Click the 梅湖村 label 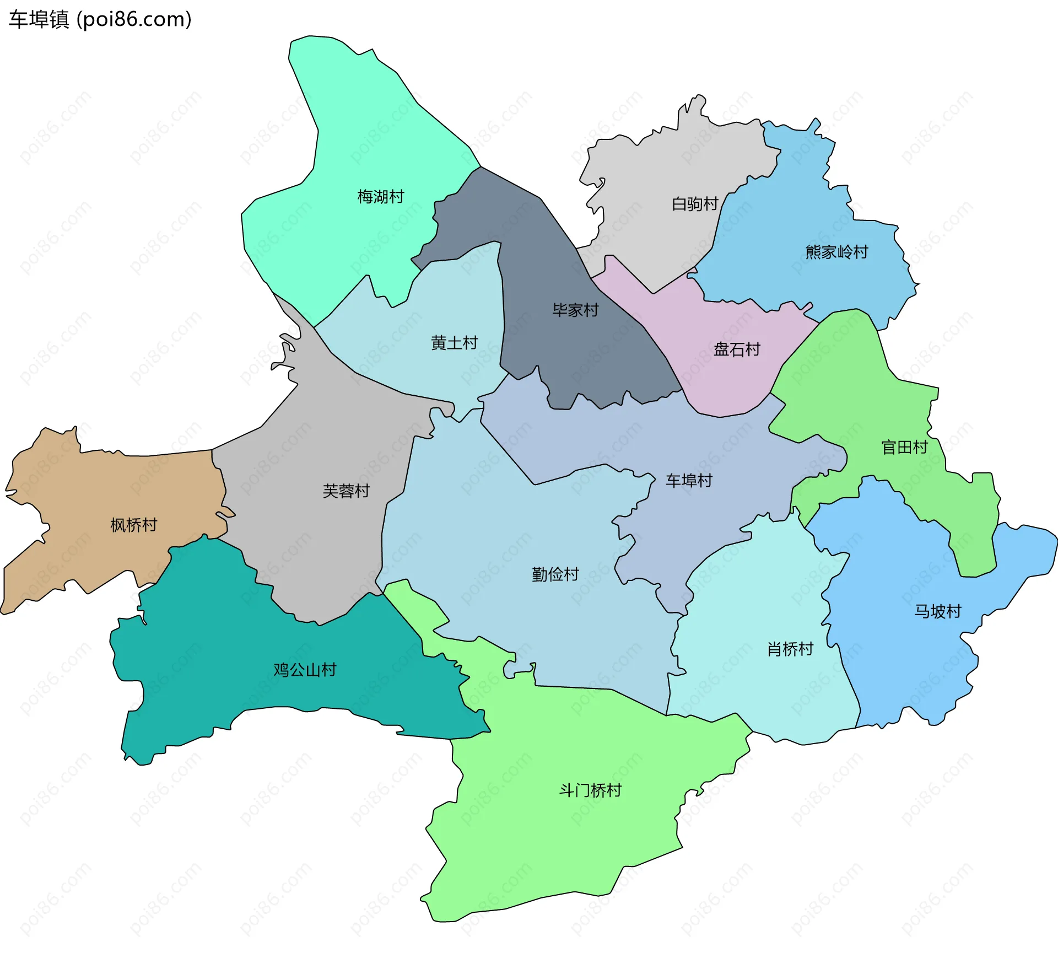tap(380, 197)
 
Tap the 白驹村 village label tap(694, 204)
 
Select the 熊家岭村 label tap(836, 252)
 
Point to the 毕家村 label tap(575, 310)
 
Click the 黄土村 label tap(454, 343)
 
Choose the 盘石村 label tap(737, 349)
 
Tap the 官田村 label tap(904, 448)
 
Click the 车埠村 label tap(689, 481)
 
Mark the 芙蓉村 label tap(346, 491)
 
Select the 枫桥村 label tap(134, 525)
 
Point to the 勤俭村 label tap(555, 575)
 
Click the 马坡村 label tap(938, 611)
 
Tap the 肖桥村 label tap(790, 649)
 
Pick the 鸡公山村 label tap(305, 670)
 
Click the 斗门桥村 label tap(590, 790)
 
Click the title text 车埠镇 tap(39, 19)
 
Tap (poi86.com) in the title tap(134, 19)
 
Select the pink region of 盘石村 tap(716, 386)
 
